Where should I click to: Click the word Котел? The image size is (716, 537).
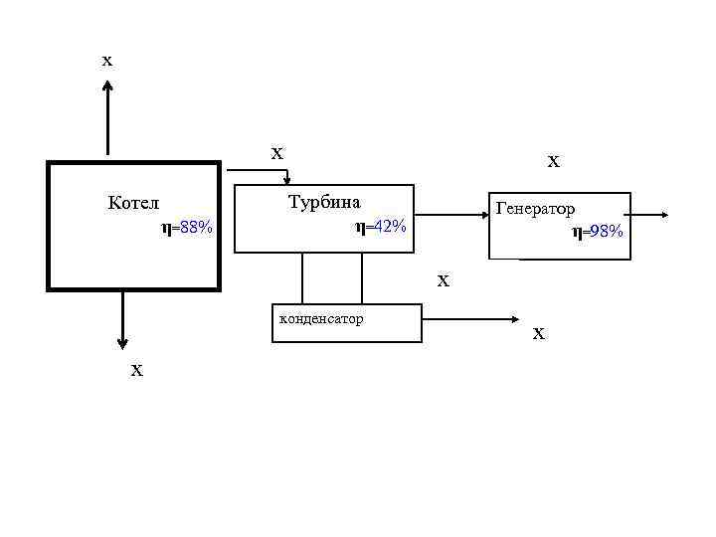click(x=133, y=203)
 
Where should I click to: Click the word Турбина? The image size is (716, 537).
click(x=324, y=201)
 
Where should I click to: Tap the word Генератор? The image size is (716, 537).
click(x=535, y=210)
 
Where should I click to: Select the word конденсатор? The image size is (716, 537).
click(x=321, y=319)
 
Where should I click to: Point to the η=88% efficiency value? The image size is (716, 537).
click(x=187, y=229)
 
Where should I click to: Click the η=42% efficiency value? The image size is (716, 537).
click(x=381, y=227)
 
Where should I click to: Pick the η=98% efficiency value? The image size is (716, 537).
click(x=598, y=232)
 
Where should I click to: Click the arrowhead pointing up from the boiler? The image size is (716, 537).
click(x=107, y=88)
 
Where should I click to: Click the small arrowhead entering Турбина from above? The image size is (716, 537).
click(x=287, y=179)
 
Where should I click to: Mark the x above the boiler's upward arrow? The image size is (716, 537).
click(x=107, y=61)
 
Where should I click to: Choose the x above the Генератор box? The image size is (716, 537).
click(x=554, y=160)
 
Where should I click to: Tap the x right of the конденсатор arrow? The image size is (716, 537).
click(x=538, y=334)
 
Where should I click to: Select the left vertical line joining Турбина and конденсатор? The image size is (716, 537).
click(x=302, y=277)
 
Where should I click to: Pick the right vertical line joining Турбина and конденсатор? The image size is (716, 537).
click(x=362, y=277)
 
